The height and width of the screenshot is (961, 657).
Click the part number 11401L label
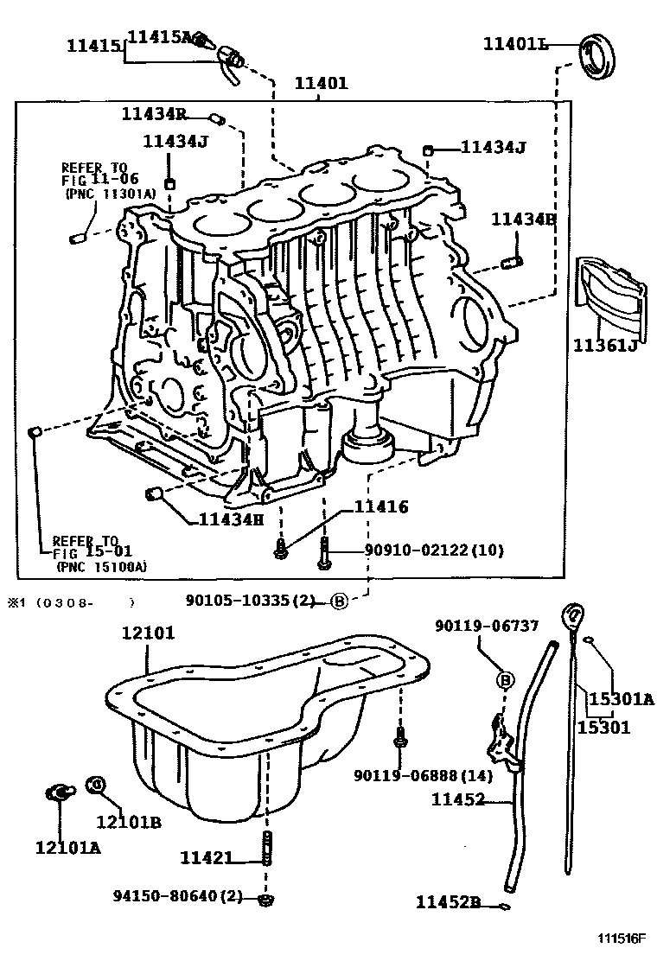tap(515, 43)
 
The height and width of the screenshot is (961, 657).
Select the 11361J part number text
tap(605, 346)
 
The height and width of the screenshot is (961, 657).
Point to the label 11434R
tap(154, 114)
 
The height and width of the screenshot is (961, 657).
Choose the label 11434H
tap(231, 519)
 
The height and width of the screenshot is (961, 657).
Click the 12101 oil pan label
tap(147, 633)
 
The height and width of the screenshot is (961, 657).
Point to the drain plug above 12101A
tap(59, 792)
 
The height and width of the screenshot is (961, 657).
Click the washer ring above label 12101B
tap(96, 785)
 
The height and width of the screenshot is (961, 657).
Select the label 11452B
tap(448, 902)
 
